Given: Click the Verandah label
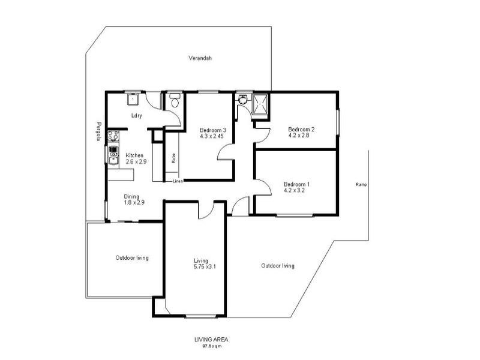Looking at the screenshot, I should pos(200,58).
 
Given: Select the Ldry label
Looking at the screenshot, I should pos(136,116).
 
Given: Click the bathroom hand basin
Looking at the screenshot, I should pos(242,100).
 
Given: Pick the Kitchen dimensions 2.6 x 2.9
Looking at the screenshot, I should pos(136,161).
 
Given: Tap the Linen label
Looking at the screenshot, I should pos(178,181).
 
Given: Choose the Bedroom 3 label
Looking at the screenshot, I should pos(212,130).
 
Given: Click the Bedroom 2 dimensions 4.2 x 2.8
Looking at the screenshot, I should pos(301,136).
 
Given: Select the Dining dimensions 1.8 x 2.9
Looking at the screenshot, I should pos(134,203).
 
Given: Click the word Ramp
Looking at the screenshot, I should pos(361,184).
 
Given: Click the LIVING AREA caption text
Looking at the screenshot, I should pos(211,339).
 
